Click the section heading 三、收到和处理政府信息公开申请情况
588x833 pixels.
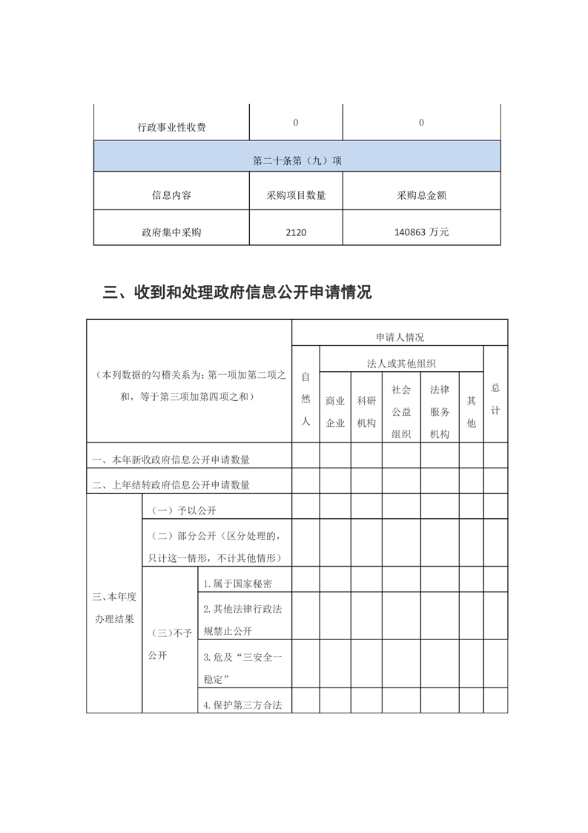[x=237, y=293]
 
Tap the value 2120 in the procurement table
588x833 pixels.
[x=295, y=232]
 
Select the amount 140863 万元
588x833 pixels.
[x=421, y=232]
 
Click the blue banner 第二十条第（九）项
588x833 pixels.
[x=297, y=160]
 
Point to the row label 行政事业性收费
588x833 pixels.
[x=171, y=127]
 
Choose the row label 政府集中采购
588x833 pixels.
[x=171, y=232]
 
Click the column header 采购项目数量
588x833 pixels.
[x=296, y=196]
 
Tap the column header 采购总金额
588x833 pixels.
[x=421, y=196]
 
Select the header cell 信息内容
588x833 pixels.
[x=171, y=196]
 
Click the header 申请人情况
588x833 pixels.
[x=400, y=337]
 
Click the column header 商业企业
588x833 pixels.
[x=335, y=411]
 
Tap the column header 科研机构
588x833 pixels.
[x=366, y=411]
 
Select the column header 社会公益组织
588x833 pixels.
[x=401, y=411]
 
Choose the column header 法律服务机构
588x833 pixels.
[x=440, y=411]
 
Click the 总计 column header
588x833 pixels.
[x=495, y=399]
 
